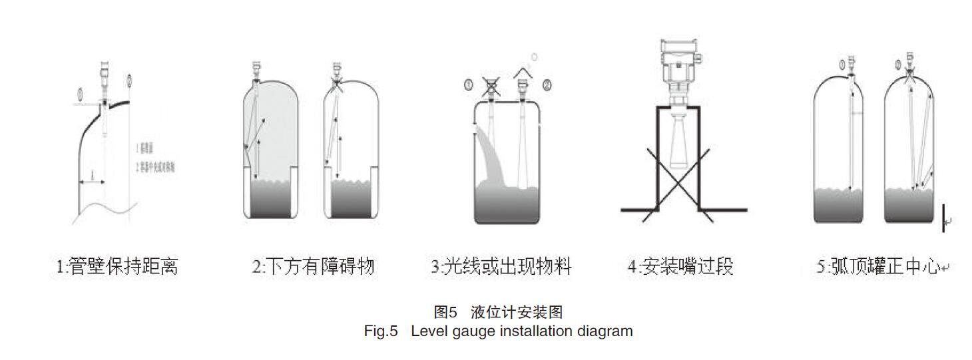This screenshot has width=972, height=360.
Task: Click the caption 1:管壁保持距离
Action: [117, 267]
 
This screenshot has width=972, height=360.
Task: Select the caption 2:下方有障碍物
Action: [313, 267]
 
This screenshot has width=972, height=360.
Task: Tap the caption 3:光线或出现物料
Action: [501, 267]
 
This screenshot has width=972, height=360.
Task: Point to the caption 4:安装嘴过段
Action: [680, 267]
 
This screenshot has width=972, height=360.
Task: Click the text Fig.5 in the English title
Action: [380, 331]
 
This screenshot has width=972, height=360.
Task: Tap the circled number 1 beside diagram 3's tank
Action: [468, 85]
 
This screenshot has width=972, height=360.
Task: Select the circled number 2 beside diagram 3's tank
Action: [547, 85]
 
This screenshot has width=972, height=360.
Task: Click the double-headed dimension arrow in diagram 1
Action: [92, 181]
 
